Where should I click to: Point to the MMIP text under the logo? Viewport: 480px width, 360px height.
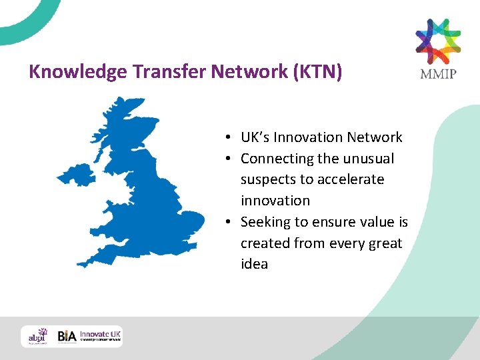438,73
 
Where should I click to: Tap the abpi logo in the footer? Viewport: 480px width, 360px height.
38,336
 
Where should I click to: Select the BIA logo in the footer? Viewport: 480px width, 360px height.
67,336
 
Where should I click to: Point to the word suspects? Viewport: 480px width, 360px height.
267,180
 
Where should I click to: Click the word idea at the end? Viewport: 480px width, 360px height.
254,264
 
